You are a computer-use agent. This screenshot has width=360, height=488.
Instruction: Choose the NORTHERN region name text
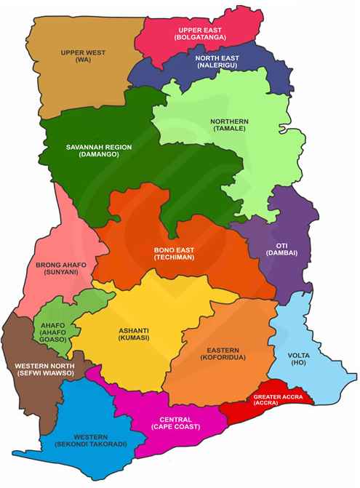(229, 121)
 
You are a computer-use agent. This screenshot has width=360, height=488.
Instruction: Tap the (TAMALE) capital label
(229, 129)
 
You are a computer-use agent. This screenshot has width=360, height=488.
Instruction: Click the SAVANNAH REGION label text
(98, 147)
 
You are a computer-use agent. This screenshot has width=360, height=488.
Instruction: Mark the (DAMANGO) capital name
(98, 155)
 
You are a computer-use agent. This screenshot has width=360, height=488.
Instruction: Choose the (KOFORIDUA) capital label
(222, 358)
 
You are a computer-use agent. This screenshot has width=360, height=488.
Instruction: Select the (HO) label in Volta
(299, 363)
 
